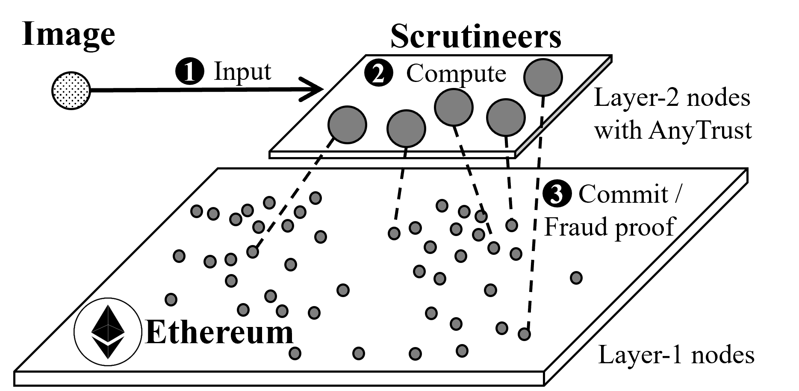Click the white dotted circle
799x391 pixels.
(71, 90)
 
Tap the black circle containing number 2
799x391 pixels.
(378, 73)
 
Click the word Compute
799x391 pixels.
(456, 73)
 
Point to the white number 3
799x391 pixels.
(556, 194)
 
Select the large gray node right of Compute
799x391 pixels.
(543, 77)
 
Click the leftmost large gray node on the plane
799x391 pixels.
(347, 125)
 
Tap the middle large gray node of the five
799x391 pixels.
(454, 107)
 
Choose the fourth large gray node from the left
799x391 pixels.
(506, 117)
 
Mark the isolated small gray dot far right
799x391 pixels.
(576, 278)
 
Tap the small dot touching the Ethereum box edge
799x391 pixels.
(170, 300)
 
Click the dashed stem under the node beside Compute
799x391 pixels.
(542, 112)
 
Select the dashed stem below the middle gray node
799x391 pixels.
(460, 141)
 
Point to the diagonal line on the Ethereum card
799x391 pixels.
(81, 305)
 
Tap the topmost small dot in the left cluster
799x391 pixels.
(315, 198)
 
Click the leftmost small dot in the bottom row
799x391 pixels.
(295, 353)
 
